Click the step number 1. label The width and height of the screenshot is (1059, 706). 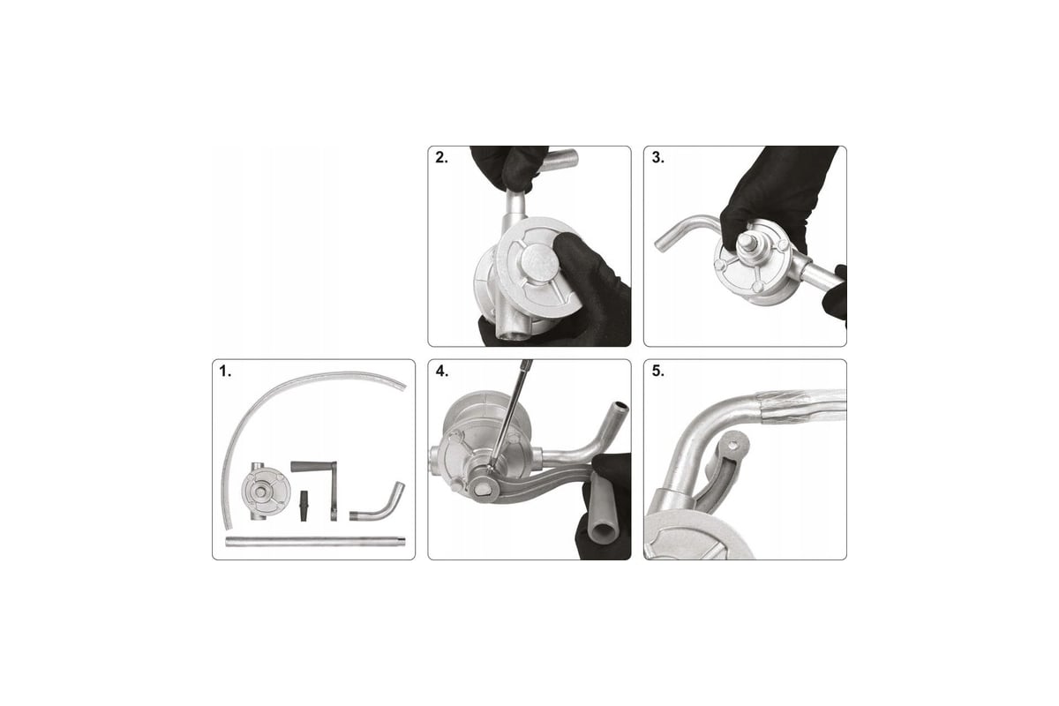click(225, 372)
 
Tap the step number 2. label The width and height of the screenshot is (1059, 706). click(441, 158)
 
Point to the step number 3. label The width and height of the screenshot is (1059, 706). click(657, 158)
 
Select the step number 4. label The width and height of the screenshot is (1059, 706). click(442, 372)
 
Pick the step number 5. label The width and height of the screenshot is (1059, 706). click(657, 372)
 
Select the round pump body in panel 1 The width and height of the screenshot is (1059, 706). click(265, 492)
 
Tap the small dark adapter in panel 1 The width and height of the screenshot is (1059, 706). click(304, 506)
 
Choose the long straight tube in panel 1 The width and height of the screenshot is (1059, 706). click(315, 542)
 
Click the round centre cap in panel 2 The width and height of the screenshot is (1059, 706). click(539, 262)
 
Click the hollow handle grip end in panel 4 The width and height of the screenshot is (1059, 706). click(603, 533)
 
